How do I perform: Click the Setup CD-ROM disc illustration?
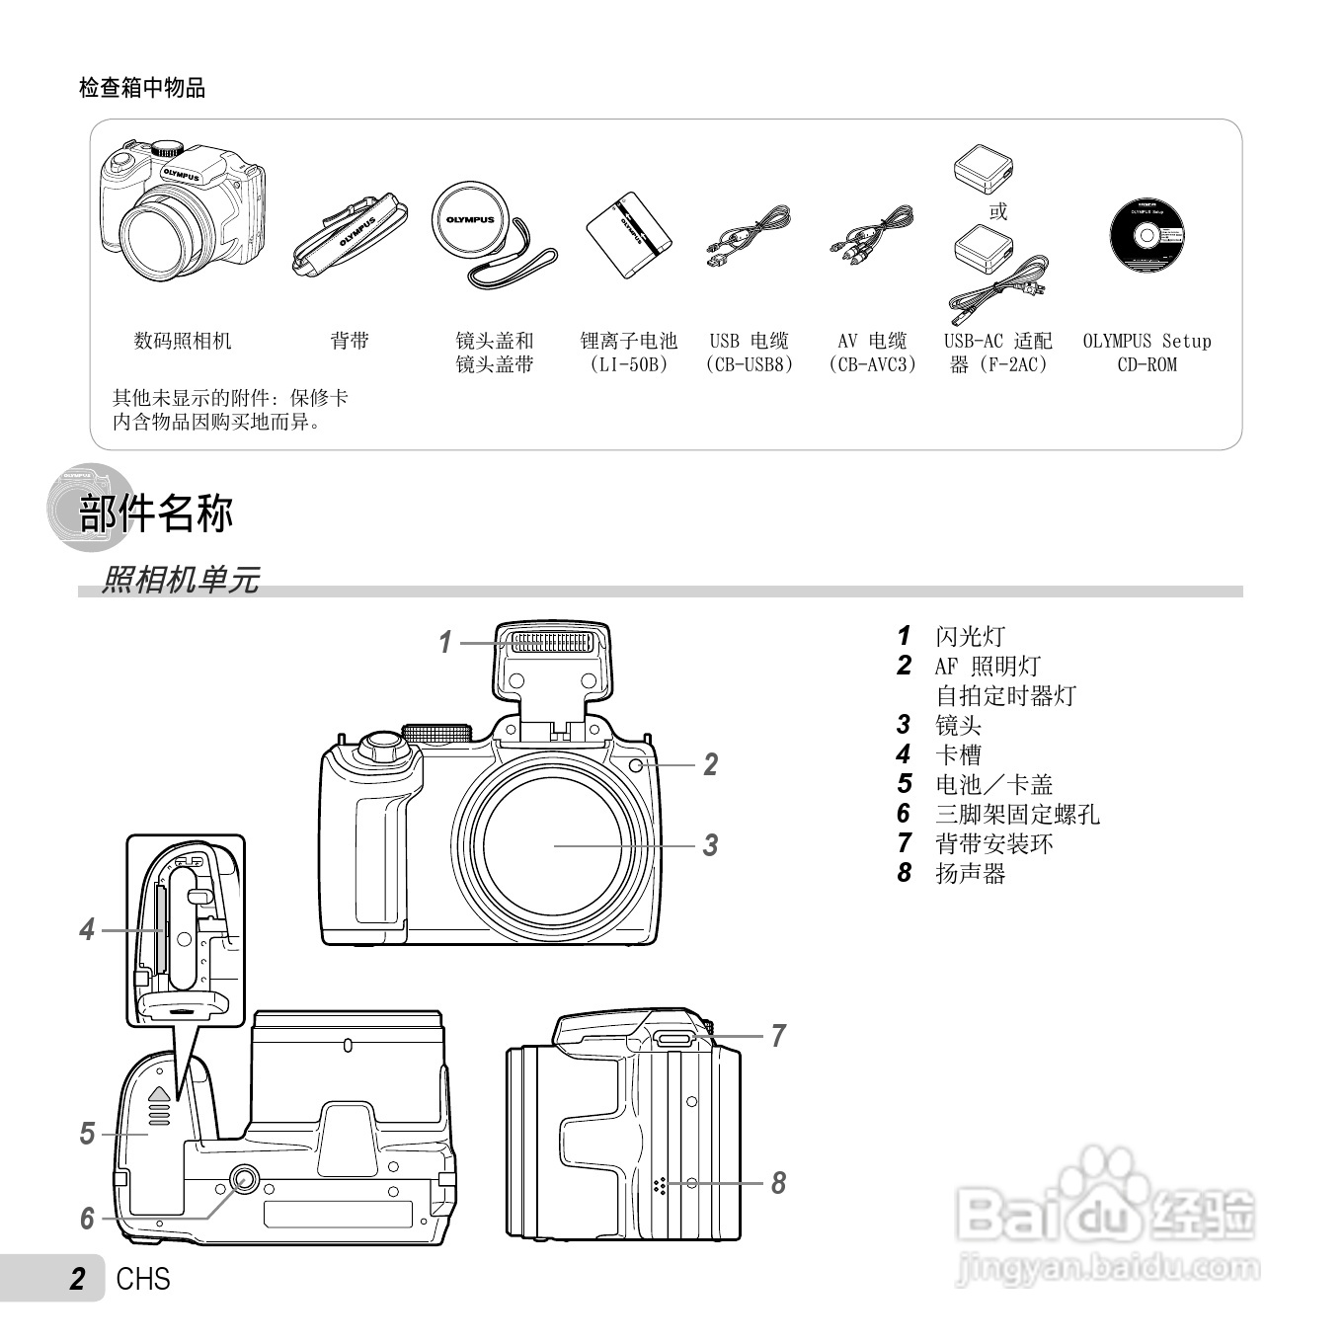pos(1146,236)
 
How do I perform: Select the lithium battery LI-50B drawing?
pos(628,234)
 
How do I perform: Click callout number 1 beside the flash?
pos(445,642)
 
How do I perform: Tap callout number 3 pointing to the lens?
pos(710,845)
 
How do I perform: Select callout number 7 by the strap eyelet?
pos(778,1036)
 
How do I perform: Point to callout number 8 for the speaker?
pos(778,1182)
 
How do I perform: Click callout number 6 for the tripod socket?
pos(87,1219)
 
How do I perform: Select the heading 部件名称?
pos(156,514)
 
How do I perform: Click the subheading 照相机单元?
pos(181,580)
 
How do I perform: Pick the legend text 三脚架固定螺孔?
pos(1017,815)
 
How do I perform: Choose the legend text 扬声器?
pos(970,874)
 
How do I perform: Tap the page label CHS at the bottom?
pos(143,1279)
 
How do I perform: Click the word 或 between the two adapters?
pos(998,211)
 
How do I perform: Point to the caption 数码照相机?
pos(183,342)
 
